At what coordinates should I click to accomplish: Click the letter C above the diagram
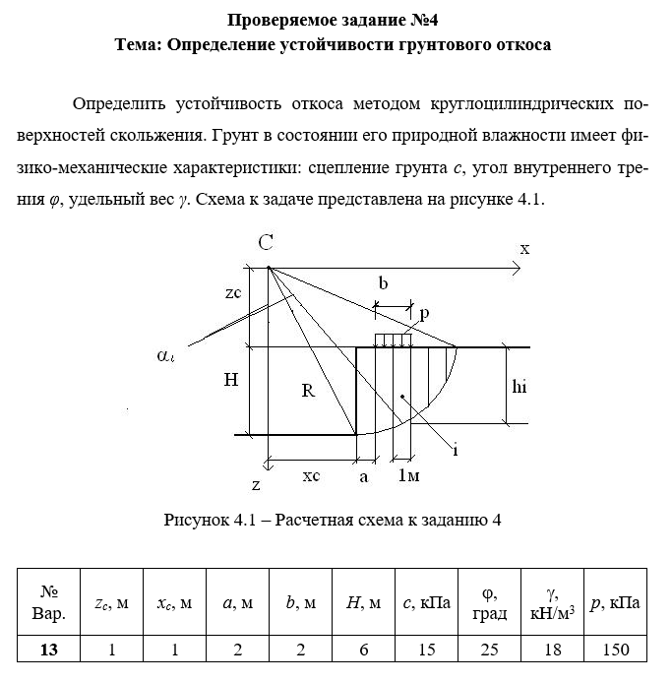[x=266, y=243]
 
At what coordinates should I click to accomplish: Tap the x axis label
[x=524, y=249]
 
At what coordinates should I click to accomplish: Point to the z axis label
[x=255, y=484]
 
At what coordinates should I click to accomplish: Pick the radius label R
[x=307, y=391]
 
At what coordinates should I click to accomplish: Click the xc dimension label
[x=310, y=475]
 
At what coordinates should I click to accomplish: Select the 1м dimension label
[x=408, y=476]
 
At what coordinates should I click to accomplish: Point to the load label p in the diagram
[x=424, y=313]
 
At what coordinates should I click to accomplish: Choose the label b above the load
[x=383, y=283]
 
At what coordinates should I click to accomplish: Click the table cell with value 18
[x=552, y=650]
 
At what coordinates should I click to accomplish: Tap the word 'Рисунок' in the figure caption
[x=195, y=520]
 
